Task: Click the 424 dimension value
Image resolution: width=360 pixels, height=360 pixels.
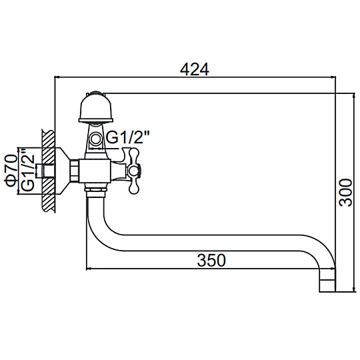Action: tap(195, 69)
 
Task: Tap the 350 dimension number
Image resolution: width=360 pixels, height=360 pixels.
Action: tap(211, 260)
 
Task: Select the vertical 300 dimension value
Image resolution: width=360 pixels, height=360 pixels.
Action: tap(346, 193)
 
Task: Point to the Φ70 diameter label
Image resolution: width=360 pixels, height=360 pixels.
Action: tap(11, 170)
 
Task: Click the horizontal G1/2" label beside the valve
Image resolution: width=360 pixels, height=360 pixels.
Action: tap(128, 137)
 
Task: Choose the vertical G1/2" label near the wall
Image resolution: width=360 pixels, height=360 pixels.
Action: tap(27, 170)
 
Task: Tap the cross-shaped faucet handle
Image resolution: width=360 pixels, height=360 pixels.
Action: tap(133, 171)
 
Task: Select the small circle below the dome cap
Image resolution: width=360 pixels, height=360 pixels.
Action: tap(95, 139)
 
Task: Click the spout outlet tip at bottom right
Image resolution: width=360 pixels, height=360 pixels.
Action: tap(327, 286)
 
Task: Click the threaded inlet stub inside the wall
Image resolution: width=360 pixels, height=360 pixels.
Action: tap(45, 171)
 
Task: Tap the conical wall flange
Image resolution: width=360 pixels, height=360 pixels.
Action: tap(63, 171)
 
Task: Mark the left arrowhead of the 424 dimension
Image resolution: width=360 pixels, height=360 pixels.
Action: tap(57, 77)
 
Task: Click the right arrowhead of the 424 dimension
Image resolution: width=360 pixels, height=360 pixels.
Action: tap(333, 77)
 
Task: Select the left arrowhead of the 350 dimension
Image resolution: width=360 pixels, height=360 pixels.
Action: tap(89, 268)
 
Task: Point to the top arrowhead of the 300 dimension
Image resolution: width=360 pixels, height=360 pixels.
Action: tap(353, 96)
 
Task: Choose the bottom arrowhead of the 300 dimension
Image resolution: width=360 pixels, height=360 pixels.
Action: tap(353, 289)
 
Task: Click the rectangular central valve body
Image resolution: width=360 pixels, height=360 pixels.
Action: tap(95, 171)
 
